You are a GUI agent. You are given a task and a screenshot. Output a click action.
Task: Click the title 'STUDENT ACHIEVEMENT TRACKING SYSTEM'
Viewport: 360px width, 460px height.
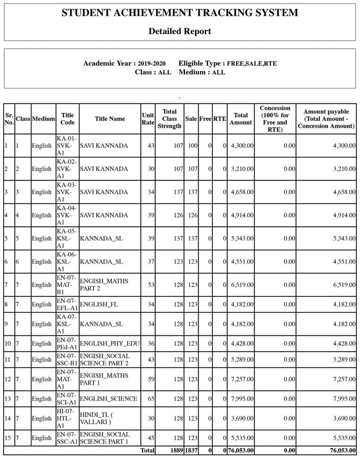[180, 13]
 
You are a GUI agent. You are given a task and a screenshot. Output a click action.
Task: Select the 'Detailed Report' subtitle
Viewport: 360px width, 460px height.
[180, 31]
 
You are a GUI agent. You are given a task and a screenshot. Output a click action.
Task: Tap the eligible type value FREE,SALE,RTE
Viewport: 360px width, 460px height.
[252, 63]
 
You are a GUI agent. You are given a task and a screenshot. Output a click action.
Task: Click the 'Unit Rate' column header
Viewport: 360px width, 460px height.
[148, 119]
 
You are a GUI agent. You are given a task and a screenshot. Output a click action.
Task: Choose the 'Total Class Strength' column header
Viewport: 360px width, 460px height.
[169, 119]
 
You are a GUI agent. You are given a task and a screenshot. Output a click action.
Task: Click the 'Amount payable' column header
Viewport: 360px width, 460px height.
[326, 119]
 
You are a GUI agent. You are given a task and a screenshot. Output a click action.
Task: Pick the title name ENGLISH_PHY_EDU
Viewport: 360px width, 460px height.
[109, 344]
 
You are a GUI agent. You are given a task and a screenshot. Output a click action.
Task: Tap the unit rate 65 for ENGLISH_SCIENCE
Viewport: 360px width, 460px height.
[151, 399]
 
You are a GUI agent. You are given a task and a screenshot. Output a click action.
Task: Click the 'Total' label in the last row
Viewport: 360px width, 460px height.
[147, 450]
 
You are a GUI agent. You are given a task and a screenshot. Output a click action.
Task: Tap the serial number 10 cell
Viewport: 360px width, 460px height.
[8, 344]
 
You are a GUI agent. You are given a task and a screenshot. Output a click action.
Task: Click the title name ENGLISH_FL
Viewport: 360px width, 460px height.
[99, 304]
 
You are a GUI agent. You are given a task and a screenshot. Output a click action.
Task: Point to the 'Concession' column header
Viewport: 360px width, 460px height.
[275, 119]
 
